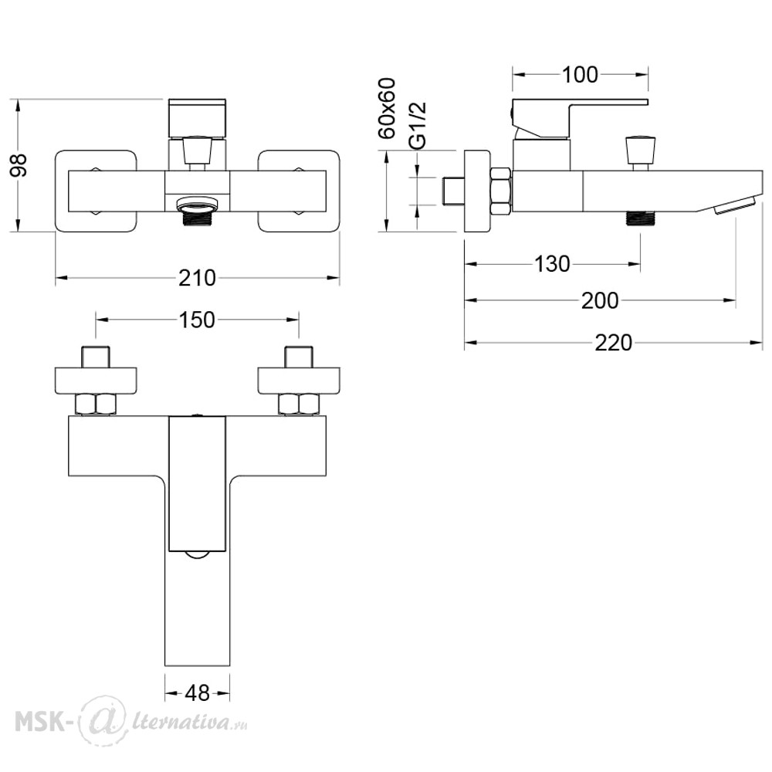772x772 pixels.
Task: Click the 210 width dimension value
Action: coord(197,278)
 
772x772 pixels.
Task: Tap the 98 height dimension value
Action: coord(19,165)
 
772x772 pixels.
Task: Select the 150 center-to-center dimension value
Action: coord(197,320)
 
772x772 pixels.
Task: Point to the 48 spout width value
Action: coord(198,693)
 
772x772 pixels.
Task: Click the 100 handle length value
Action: coord(580,75)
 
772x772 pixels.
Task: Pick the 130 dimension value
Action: coord(553,264)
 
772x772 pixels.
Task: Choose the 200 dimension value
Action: coord(600,300)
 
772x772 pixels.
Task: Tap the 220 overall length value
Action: coord(614,343)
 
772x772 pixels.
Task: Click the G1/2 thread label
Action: coord(418,125)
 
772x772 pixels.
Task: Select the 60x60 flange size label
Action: coord(387,108)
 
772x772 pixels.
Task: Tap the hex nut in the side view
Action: coord(500,191)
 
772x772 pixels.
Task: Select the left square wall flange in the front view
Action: coord(96,191)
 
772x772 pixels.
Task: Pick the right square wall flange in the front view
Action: coord(299,191)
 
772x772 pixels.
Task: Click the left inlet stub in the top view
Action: coord(96,357)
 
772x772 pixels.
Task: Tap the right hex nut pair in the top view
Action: coord(299,405)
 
